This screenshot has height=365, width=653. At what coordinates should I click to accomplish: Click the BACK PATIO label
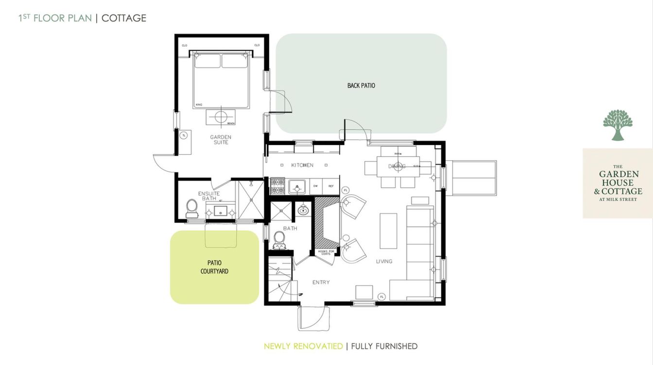tap(361, 85)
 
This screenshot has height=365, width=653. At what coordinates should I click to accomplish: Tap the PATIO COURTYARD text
tap(214, 267)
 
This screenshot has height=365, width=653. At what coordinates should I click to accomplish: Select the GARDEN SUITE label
tap(221, 140)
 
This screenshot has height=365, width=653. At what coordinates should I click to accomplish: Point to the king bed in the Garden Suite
tap(221, 80)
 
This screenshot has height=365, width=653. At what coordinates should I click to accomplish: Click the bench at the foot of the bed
tap(221, 117)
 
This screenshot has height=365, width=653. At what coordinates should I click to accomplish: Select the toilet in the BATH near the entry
tap(279, 238)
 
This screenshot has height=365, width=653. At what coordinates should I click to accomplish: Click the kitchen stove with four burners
tap(277, 185)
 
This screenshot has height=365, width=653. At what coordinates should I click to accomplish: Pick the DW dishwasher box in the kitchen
tap(315, 186)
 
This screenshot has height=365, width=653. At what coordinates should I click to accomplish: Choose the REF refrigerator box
tap(330, 186)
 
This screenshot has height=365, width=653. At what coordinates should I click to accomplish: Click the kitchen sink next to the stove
tap(296, 186)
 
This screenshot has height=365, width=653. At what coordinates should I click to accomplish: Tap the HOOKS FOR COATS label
tap(325, 252)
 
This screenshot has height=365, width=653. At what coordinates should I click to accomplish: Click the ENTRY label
tap(321, 282)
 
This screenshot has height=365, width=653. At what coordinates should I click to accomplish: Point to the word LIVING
tap(384, 261)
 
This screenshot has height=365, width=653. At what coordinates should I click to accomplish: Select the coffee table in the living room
tap(388, 231)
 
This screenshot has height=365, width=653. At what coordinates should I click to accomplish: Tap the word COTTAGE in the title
tap(124, 18)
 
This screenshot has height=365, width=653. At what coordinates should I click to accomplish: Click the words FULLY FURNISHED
tap(384, 346)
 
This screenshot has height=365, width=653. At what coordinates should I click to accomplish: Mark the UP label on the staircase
tap(301, 294)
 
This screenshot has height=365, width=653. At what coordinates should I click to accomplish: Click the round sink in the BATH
tap(304, 210)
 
